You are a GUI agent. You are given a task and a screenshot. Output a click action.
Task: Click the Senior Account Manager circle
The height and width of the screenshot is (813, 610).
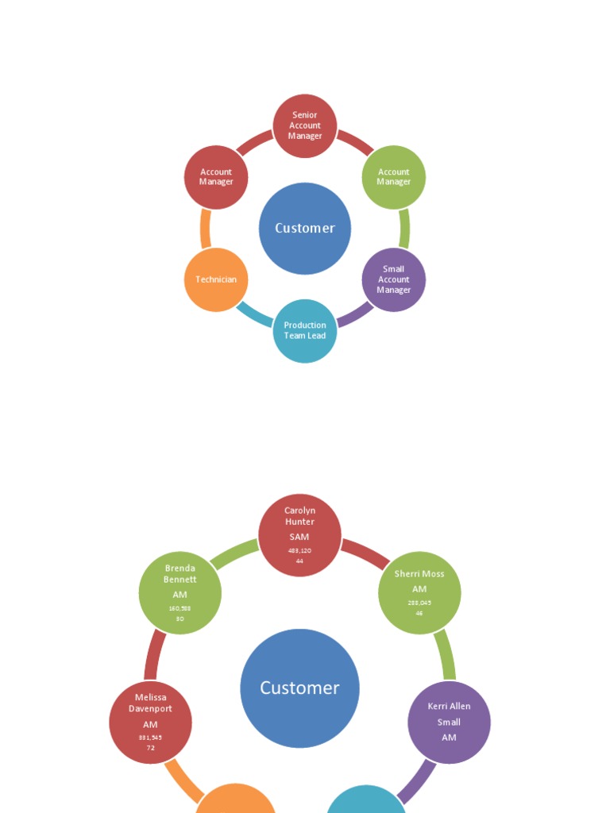[305, 126]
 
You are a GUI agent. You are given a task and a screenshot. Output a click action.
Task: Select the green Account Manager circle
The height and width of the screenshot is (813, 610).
[394, 177]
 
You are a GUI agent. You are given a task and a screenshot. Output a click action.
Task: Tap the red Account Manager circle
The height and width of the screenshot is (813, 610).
[216, 177]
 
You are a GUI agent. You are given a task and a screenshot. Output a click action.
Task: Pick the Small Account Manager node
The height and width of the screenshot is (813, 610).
[394, 279]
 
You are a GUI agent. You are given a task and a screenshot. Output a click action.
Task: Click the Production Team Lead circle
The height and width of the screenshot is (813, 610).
[305, 331]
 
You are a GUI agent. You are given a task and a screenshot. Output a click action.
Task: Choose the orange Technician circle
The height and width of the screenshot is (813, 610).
[216, 279]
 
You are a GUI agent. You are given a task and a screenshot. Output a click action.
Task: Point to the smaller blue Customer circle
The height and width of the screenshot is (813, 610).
[305, 229]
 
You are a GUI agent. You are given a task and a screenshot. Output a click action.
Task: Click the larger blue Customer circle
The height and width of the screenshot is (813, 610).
[300, 688]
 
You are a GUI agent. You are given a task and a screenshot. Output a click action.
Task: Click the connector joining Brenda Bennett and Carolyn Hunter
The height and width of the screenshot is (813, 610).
[235, 553]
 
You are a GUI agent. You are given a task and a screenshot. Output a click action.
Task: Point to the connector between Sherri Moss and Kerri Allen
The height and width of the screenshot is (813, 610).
[446, 653]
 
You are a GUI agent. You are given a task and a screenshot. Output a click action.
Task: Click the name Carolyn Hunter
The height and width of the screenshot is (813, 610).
[300, 516]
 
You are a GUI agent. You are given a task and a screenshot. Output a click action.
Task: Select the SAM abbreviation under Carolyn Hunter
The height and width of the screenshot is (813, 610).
[299, 538]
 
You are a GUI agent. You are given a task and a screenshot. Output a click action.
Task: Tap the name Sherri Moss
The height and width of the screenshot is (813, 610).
[419, 574]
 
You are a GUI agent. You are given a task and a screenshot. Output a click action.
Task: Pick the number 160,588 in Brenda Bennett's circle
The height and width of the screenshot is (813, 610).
[180, 609]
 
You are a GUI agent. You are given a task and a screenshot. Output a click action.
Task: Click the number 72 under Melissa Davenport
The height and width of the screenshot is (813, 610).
[150, 748]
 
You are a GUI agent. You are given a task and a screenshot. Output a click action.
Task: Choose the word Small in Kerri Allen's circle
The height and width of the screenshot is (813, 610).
[449, 722]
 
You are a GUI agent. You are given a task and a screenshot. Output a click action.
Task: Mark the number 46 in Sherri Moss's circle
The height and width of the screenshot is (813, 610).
[419, 613]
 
